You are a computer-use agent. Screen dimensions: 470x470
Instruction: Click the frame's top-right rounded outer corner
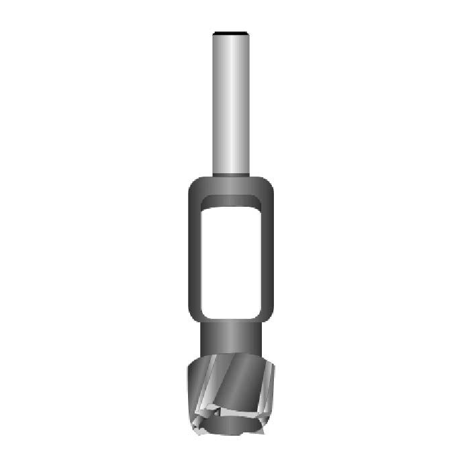pyautogui.click(x=271, y=182)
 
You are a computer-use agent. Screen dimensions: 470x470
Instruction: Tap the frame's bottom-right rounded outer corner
pyautogui.click(x=271, y=321)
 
